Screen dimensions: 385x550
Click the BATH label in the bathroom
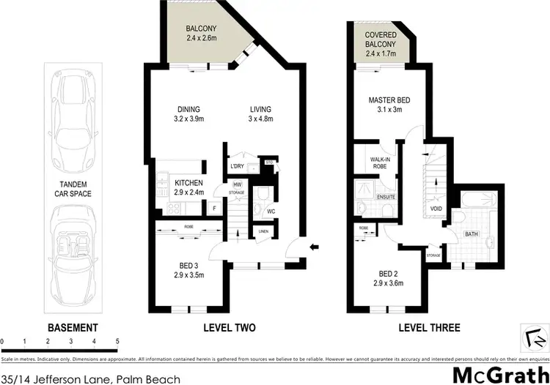point(473,234)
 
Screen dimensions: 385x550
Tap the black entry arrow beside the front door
point(315,247)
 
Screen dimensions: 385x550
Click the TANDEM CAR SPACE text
point(73,190)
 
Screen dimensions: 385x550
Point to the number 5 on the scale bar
point(117,342)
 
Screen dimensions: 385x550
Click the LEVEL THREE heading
point(428,327)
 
